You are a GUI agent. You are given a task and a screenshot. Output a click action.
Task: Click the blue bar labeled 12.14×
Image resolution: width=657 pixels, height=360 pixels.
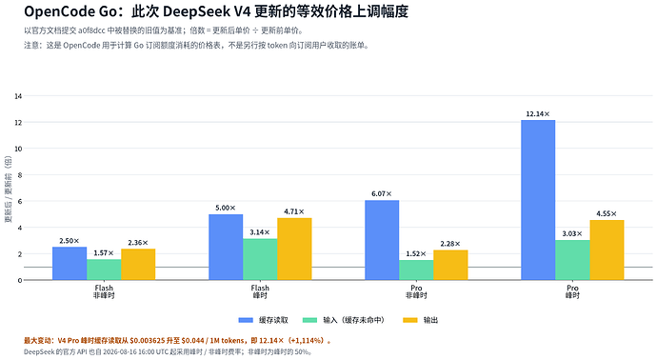point(538,200)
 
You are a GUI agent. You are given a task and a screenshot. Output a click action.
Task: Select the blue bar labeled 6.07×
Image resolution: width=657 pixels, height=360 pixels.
point(382,240)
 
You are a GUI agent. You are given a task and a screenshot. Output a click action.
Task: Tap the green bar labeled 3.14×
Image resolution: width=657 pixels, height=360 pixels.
point(260,259)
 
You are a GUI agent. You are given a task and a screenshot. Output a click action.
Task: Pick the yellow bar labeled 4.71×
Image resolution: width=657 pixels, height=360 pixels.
point(294,249)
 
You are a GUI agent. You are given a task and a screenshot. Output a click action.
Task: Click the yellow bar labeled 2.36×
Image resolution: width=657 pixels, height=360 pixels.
point(138,265)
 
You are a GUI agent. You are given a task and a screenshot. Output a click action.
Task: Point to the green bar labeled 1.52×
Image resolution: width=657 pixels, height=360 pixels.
point(416,270)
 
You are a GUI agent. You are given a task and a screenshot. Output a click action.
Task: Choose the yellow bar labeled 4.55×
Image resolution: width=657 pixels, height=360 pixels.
point(607,250)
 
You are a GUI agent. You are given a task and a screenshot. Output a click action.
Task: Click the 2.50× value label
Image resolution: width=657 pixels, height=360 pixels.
point(70,241)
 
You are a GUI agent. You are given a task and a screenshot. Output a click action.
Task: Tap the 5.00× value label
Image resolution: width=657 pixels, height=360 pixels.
point(226,208)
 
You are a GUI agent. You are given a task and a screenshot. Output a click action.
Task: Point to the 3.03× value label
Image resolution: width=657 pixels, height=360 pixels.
point(572,234)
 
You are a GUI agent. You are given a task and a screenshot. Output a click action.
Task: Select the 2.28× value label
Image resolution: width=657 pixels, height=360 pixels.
point(450,244)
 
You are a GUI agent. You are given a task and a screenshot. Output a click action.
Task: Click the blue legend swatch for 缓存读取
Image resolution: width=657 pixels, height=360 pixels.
point(246,320)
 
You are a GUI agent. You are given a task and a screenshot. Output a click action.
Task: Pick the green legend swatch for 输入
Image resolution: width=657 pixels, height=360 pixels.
point(309,320)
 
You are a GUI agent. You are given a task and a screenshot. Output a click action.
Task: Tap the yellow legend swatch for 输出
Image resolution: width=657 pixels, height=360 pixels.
point(410,320)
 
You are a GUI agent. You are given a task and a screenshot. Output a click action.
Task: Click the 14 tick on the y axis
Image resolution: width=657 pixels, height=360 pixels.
point(18,96)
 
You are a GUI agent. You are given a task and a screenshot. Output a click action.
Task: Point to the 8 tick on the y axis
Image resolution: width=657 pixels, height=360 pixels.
point(20,175)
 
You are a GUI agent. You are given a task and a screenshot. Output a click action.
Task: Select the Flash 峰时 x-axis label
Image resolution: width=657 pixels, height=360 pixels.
point(260,291)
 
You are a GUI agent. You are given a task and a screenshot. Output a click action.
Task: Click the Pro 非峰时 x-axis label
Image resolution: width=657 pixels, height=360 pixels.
point(416,291)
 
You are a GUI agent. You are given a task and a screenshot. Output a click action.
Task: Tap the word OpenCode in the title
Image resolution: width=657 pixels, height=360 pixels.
point(59,11)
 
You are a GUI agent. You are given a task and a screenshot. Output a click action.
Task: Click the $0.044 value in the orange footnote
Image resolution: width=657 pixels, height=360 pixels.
point(192,341)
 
